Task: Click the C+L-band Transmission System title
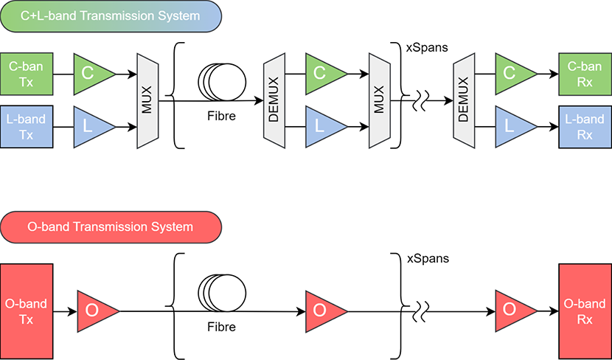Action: (x=111, y=15)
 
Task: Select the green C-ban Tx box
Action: (x=27, y=73)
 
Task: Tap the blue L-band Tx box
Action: (x=27, y=126)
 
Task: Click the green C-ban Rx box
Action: (x=585, y=73)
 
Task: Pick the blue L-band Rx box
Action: (x=585, y=126)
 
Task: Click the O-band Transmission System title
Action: (x=111, y=226)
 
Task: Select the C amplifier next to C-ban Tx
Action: (x=92, y=73)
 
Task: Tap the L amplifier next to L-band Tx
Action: (x=92, y=126)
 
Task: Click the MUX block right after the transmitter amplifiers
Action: (x=147, y=100)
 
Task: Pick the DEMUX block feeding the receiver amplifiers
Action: (x=464, y=100)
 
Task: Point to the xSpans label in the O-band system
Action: (x=428, y=259)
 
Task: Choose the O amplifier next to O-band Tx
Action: (x=96, y=311)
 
